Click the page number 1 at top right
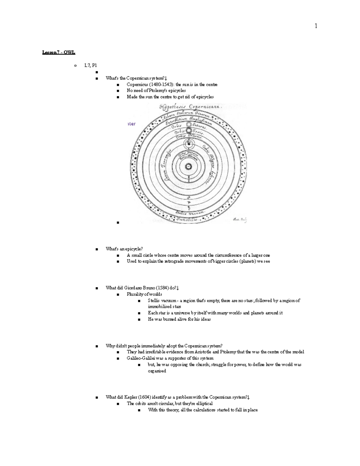pyautogui.click(x=316, y=26)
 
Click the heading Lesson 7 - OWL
pyautogui.click(x=58, y=53)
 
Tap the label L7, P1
pyautogui.click(x=91, y=65)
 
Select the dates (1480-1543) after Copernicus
pyautogui.click(x=160, y=85)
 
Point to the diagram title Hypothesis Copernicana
pyautogui.click(x=191, y=107)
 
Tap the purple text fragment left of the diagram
pyautogui.click(x=132, y=124)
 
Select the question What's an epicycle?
pyautogui.click(x=124, y=249)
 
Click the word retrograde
pyautogui.click(x=175, y=261)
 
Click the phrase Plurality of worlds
pyautogui.click(x=144, y=294)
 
